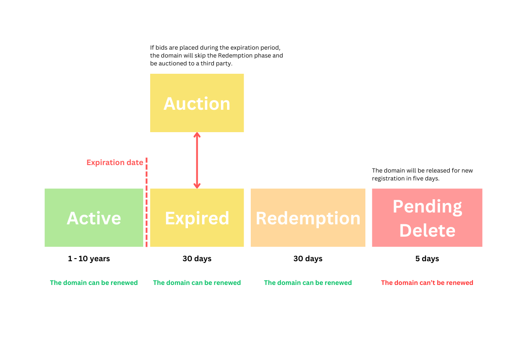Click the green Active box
(94, 218)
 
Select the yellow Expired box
(197, 218)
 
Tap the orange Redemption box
(308, 218)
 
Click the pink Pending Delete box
(427, 218)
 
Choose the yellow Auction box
(197, 103)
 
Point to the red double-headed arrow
(197, 160)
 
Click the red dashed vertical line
(146, 202)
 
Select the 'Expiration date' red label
(115, 162)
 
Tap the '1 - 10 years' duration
(89, 259)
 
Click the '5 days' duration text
(427, 259)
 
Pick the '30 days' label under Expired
(197, 259)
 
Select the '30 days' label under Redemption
(308, 259)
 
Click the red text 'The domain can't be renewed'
(427, 283)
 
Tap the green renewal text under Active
(94, 283)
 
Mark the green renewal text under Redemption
(308, 283)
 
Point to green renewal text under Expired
(197, 283)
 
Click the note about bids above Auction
(216, 55)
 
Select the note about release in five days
(422, 174)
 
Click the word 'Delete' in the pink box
(427, 230)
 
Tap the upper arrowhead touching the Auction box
(197, 135)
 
